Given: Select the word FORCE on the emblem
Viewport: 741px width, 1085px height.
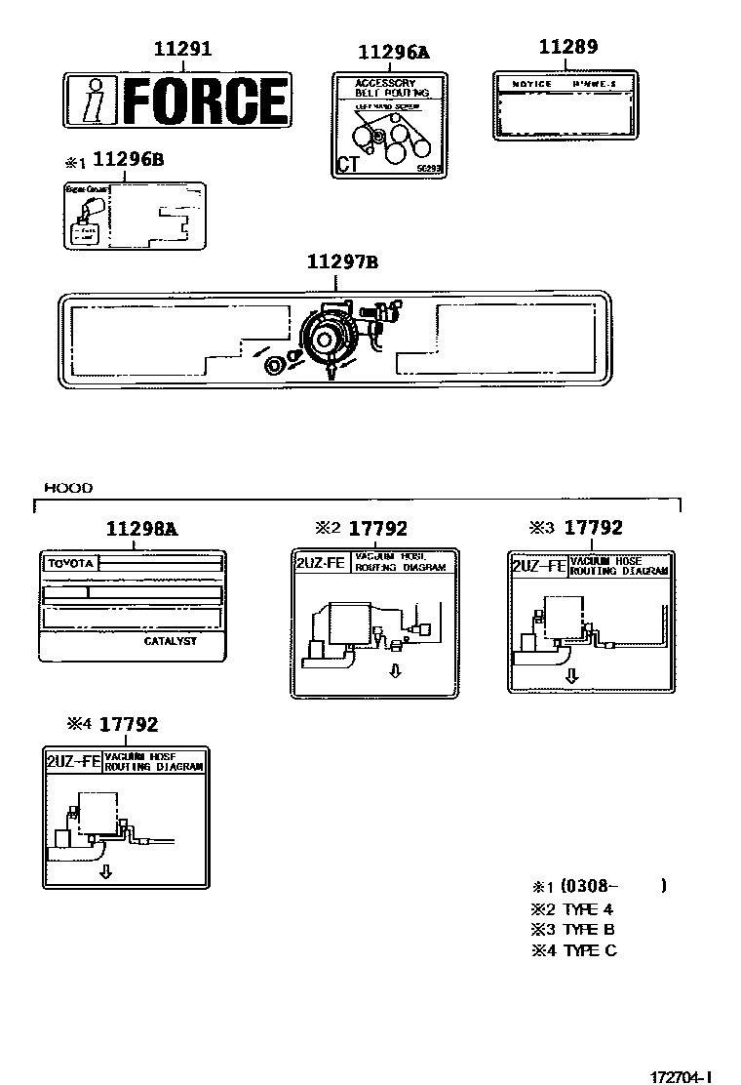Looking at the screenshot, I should [x=207, y=100].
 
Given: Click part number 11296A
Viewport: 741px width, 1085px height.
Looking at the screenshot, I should [x=393, y=53].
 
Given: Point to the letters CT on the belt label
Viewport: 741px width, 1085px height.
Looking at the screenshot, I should [x=347, y=164].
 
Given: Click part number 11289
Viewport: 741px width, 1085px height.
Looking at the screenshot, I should [x=568, y=47].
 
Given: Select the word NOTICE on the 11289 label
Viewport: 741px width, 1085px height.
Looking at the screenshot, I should [x=531, y=85].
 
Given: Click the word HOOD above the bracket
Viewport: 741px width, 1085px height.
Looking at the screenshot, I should [x=68, y=487].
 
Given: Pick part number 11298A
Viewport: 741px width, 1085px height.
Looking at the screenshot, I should [x=141, y=529].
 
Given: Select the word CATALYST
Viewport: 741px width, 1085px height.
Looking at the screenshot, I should [x=170, y=641].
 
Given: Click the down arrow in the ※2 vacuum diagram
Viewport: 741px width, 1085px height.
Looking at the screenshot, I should [x=395, y=670].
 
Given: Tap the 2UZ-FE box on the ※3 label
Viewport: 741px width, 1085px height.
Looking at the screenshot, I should [x=538, y=567].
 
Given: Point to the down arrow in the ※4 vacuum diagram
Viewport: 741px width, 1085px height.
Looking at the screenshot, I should [x=105, y=871].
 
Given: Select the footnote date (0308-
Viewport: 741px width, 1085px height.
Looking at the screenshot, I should [x=590, y=886].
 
